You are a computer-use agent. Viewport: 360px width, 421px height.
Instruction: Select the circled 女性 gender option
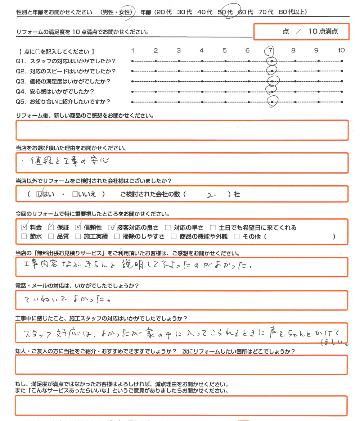(x=126, y=12)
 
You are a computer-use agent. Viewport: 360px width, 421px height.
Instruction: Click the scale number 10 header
(x=341, y=50)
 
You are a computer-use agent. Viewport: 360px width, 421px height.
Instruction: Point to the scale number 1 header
(x=133, y=50)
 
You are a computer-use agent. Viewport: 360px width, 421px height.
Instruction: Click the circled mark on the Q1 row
(x=273, y=62)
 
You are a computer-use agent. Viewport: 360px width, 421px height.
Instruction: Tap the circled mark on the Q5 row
(x=273, y=102)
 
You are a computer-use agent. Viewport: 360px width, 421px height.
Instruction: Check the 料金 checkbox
(x=24, y=227)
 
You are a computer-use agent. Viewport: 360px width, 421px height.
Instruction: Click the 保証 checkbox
(x=51, y=227)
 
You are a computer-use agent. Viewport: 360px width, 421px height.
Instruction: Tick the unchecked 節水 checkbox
(x=24, y=236)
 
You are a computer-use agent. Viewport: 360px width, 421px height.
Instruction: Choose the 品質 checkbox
(x=51, y=236)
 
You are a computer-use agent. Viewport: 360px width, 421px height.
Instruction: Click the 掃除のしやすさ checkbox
(x=117, y=236)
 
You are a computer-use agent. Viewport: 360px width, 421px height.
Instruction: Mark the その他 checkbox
(x=237, y=236)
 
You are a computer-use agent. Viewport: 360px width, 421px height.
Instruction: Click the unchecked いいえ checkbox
(x=75, y=194)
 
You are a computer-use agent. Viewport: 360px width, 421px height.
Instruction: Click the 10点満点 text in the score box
(x=323, y=31)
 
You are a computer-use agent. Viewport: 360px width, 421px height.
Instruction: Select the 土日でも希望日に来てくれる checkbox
(x=213, y=227)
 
